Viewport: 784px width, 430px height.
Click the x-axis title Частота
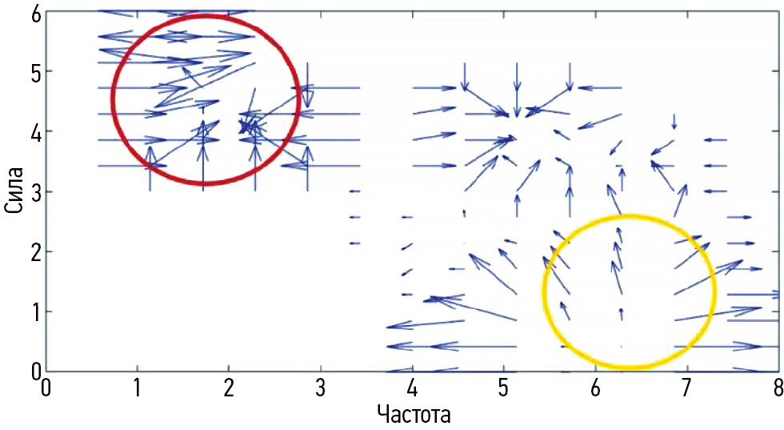pyautogui.click(x=413, y=416)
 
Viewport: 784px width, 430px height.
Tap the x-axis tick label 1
pyautogui.click(x=138, y=387)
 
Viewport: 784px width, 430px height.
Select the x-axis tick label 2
pyautogui.click(x=229, y=387)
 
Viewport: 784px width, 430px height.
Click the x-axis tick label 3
pyautogui.click(x=320, y=387)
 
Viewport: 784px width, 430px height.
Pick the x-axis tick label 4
pyautogui.click(x=411, y=387)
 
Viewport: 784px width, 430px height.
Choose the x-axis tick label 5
pyautogui.click(x=502, y=387)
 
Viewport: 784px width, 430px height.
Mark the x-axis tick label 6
pyautogui.click(x=594, y=387)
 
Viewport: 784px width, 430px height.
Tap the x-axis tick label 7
pyautogui.click(x=686, y=387)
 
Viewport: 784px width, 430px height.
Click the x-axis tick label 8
pyautogui.click(x=775, y=387)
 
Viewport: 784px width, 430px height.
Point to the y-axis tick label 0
pyautogui.click(x=37, y=372)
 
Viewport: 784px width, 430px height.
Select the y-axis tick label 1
pyautogui.click(x=37, y=311)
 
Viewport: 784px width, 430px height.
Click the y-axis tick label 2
pyautogui.click(x=37, y=251)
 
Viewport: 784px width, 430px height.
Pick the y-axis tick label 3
pyautogui.click(x=37, y=191)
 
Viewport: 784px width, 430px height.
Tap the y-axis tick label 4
pyautogui.click(x=37, y=131)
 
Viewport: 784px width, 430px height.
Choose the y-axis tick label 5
pyautogui.click(x=37, y=71)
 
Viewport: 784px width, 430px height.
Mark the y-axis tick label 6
pyautogui.click(x=37, y=11)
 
